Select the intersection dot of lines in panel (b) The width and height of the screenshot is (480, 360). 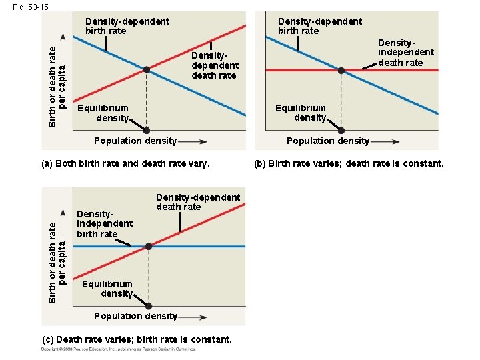click(341, 70)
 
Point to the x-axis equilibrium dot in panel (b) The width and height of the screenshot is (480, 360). click(341, 130)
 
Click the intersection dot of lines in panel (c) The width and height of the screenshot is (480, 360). click(149, 247)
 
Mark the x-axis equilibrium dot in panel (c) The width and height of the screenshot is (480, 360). click(149, 307)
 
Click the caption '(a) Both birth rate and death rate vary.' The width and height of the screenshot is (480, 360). click(125, 163)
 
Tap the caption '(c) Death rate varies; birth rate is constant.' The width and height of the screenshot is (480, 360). click(137, 339)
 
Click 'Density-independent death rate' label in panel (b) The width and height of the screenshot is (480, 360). click(405, 52)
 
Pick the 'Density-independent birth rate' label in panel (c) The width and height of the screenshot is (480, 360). click(104, 223)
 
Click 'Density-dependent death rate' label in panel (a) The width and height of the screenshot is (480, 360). click(214, 65)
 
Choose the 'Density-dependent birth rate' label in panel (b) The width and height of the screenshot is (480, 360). click(319, 26)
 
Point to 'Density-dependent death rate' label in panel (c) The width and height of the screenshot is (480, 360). click(197, 202)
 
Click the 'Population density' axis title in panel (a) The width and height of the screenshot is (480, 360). click(135, 141)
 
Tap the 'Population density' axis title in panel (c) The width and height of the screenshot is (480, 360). click(136, 316)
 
